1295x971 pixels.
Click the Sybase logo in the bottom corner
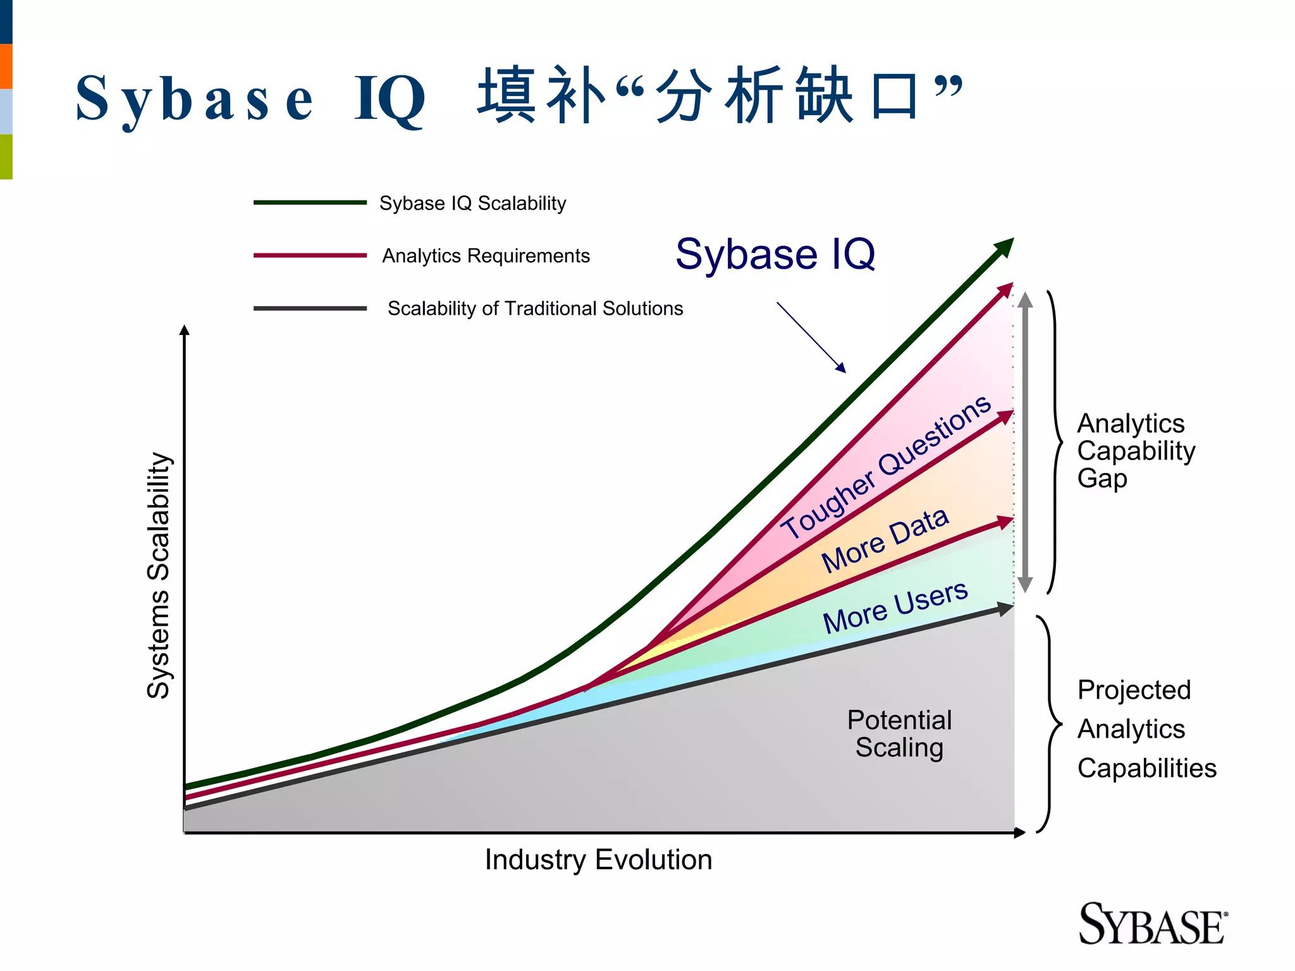[x=1152, y=924]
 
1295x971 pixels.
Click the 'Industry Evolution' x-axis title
[x=598, y=860]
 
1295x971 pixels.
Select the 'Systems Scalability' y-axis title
[x=158, y=575]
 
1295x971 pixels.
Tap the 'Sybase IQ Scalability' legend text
[x=472, y=204]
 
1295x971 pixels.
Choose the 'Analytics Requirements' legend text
[x=486, y=256]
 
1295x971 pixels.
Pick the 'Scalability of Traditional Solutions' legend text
[x=535, y=308]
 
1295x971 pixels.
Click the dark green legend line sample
[x=310, y=203]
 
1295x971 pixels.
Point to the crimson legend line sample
[x=310, y=255]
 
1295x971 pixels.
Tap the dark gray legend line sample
[x=310, y=308]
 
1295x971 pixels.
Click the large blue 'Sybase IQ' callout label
[x=775, y=254]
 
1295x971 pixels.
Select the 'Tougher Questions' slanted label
[x=885, y=467]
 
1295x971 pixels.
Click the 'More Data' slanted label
[x=885, y=540]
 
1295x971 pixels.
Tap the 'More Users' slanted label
[x=895, y=607]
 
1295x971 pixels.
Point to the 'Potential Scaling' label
[x=899, y=734]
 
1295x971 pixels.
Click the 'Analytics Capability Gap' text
[x=1136, y=451]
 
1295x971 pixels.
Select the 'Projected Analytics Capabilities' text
[x=1146, y=729]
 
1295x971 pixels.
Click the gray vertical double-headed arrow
[x=1025, y=443]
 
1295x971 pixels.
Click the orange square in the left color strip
[x=6, y=66]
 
